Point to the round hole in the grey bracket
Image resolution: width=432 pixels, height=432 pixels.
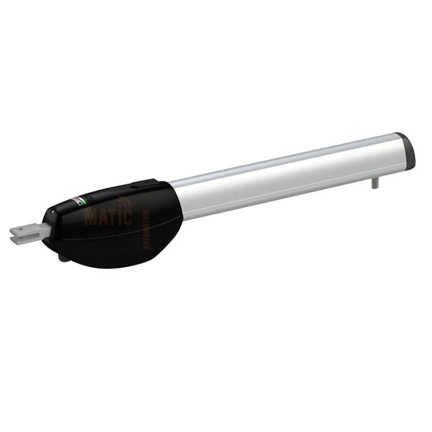pyautogui.click(x=23, y=231)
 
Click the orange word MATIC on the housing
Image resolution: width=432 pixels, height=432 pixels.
pyautogui.click(x=108, y=217)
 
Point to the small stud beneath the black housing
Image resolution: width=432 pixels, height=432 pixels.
pyautogui.click(x=64, y=258)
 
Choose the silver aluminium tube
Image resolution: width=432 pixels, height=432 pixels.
pyautogui.click(x=286, y=173)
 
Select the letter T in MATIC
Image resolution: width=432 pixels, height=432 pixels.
pyautogui.click(x=110, y=217)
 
